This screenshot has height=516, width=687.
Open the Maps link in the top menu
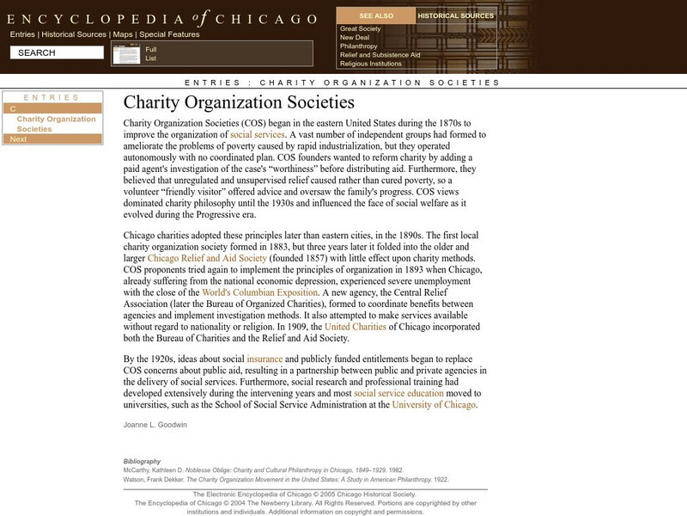point(124,34)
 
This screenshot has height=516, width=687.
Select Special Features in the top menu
point(169,34)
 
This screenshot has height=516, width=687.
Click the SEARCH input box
point(57,52)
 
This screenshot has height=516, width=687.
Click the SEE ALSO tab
point(376,15)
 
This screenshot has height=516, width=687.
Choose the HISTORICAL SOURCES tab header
point(456,15)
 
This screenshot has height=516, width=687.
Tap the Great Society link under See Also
point(360,28)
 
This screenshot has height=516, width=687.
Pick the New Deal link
point(354,37)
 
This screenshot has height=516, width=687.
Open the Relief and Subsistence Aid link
point(380,54)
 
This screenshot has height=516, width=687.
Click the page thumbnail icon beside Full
point(126,54)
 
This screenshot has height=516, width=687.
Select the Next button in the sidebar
point(18,138)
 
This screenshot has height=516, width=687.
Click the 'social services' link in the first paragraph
point(258,135)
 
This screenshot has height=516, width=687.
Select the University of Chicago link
point(434,404)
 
